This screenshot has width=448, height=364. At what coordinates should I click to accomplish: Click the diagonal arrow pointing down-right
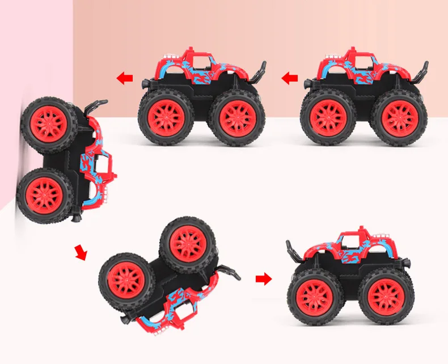(81, 252)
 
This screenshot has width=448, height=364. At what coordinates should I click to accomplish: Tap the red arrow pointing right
(264, 278)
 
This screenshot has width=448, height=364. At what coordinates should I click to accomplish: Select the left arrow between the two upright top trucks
(290, 78)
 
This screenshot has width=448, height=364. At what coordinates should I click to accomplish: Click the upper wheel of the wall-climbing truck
(49, 125)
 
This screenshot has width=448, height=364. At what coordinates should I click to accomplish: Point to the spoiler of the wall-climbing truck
(96, 105)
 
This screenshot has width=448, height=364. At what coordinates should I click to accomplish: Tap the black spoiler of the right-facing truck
(296, 249)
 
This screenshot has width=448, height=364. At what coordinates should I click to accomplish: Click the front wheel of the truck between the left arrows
(166, 117)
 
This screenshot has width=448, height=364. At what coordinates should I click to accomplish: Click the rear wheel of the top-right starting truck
(400, 117)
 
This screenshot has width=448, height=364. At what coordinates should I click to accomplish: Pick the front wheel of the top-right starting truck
(328, 117)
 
